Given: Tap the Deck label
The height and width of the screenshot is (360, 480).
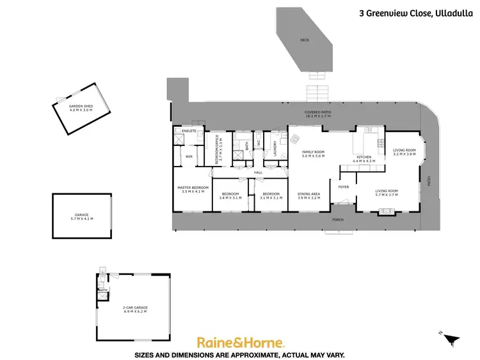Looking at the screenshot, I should pyautogui.click(x=304, y=40).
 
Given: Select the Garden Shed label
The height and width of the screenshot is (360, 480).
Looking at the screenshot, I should pyautogui.click(x=81, y=108).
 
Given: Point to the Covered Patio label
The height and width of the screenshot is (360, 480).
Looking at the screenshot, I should pyautogui.click(x=317, y=114).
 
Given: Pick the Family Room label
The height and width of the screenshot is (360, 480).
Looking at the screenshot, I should pyautogui.click(x=314, y=154).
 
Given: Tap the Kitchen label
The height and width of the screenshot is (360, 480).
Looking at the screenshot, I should pyautogui.click(x=364, y=159).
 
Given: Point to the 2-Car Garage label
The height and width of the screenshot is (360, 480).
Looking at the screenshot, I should pyautogui.click(x=135, y=309).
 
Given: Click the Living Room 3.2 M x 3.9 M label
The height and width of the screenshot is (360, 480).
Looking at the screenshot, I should pyautogui.click(x=404, y=152).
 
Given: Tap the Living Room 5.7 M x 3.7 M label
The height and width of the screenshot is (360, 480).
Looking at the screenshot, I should pyautogui.click(x=387, y=192).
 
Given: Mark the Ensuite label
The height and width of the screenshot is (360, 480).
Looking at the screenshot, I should pyautogui.click(x=189, y=131).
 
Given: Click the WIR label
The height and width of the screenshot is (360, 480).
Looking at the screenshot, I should pyautogui.click(x=189, y=156).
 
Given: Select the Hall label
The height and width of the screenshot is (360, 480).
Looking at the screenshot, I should pyautogui.click(x=259, y=172).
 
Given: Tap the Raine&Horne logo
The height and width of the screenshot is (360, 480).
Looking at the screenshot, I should pyautogui.click(x=240, y=343).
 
